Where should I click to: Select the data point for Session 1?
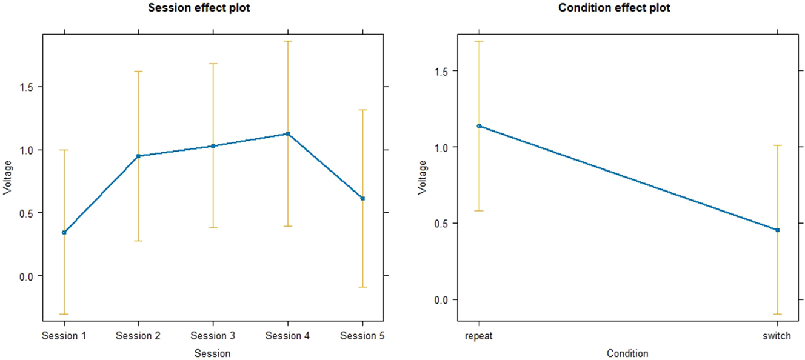pyautogui.click(x=64, y=232)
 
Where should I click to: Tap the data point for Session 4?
pyautogui.click(x=288, y=133)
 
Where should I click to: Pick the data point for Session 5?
pyautogui.click(x=362, y=198)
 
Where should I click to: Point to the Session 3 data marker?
pyautogui.click(x=213, y=146)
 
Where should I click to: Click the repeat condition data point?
pyautogui.click(x=479, y=126)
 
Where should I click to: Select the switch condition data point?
pyautogui.click(x=777, y=230)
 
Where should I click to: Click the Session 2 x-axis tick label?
pyautogui.click(x=138, y=336)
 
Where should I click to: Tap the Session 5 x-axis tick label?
pyautogui.click(x=362, y=336)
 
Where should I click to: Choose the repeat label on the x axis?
pyautogui.click(x=479, y=336)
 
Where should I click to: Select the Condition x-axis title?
pyautogui.click(x=627, y=353)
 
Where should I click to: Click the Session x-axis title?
pyautogui.click(x=213, y=353)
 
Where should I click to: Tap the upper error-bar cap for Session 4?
pyautogui.click(x=288, y=41)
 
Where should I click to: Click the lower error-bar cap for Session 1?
pyautogui.click(x=64, y=314)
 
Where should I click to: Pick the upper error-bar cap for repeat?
pyautogui.click(x=479, y=41)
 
